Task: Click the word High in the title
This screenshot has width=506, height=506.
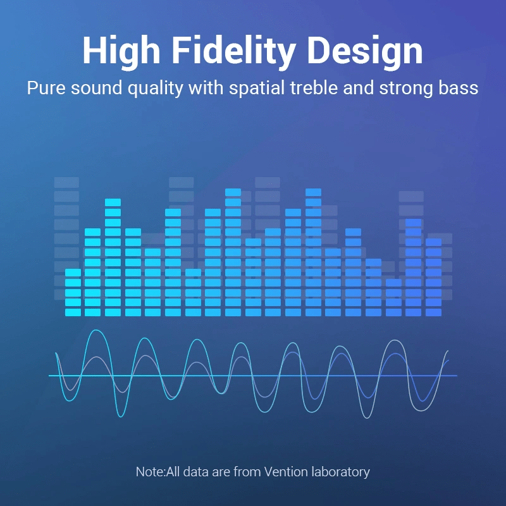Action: [121, 51]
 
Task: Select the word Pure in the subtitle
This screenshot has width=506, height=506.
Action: [46, 88]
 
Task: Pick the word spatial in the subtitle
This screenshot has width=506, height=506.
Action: [257, 89]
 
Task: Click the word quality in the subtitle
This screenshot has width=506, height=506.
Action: [155, 89]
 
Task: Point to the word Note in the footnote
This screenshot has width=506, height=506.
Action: [150, 472]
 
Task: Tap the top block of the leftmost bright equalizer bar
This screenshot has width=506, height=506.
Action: [73, 273]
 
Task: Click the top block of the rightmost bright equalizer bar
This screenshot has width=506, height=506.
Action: [433, 242]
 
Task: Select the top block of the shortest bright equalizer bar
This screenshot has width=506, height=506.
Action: [393, 283]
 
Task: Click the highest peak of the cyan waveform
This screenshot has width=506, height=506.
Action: [96, 330]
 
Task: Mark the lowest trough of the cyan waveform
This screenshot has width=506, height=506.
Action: [121, 417]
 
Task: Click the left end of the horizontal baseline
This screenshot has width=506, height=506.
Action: [49, 376]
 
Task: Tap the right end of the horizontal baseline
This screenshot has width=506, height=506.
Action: [457, 376]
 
